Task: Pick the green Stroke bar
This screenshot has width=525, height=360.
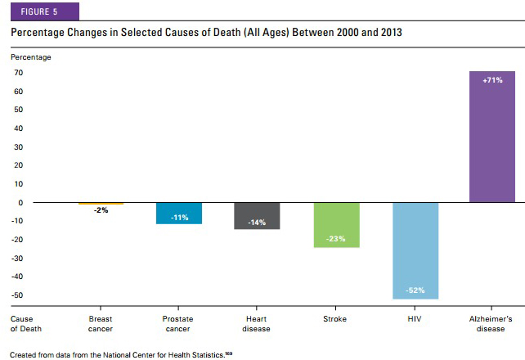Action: point(336,224)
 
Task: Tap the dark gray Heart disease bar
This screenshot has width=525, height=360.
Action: point(257,215)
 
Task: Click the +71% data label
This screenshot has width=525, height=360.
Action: point(492,80)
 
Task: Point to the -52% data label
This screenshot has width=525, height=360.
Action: point(415,291)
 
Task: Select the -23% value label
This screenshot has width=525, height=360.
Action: point(336,239)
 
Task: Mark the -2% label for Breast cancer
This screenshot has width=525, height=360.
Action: point(101,210)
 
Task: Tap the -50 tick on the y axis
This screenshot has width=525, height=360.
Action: point(16,295)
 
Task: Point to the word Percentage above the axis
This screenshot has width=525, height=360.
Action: point(30,57)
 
